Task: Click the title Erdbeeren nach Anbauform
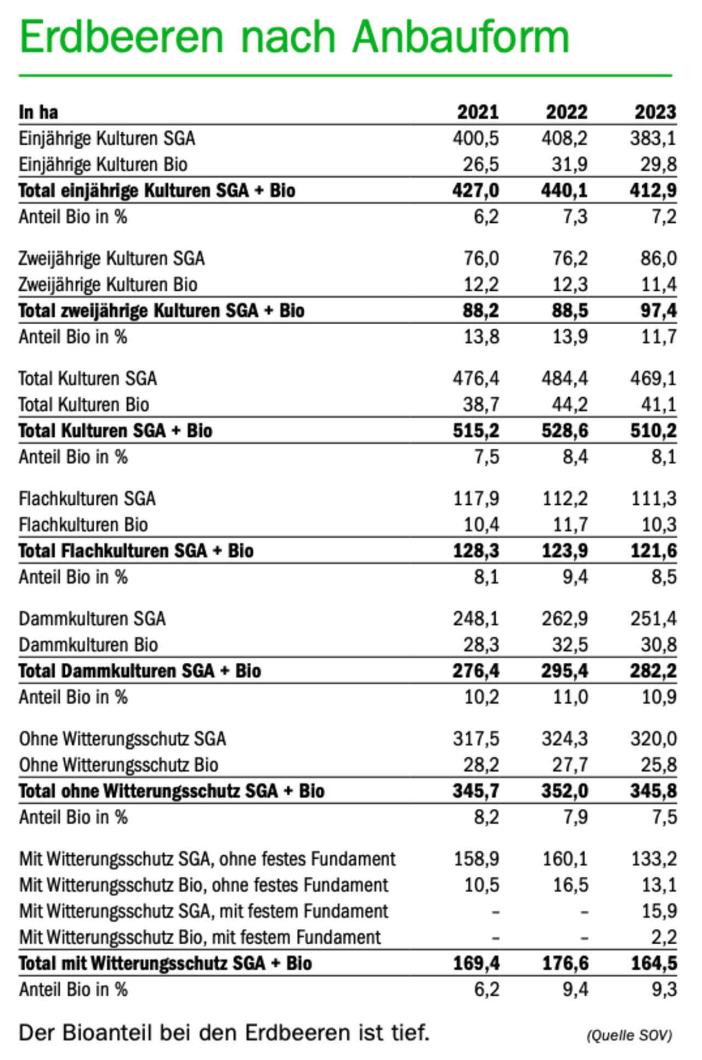(295, 37)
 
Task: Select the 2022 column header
(567, 112)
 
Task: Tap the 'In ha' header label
(38, 112)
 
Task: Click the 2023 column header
(655, 112)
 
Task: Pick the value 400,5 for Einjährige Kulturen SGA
(475, 138)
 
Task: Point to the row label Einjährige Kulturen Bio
(103, 165)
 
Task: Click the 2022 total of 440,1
(564, 190)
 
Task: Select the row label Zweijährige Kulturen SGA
(112, 258)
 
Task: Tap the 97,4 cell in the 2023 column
(658, 311)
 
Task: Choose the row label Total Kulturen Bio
(84, 405)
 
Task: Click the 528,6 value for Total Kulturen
(565, 431)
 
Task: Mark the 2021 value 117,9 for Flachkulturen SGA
(475, 499)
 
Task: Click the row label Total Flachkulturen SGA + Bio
(136, 551)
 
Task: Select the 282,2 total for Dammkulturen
(653, 671)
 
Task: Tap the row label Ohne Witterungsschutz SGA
(122, 739)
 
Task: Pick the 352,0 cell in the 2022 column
(565, 791)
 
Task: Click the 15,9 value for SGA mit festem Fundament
(659, 911)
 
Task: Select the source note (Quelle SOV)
(629, 1035)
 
